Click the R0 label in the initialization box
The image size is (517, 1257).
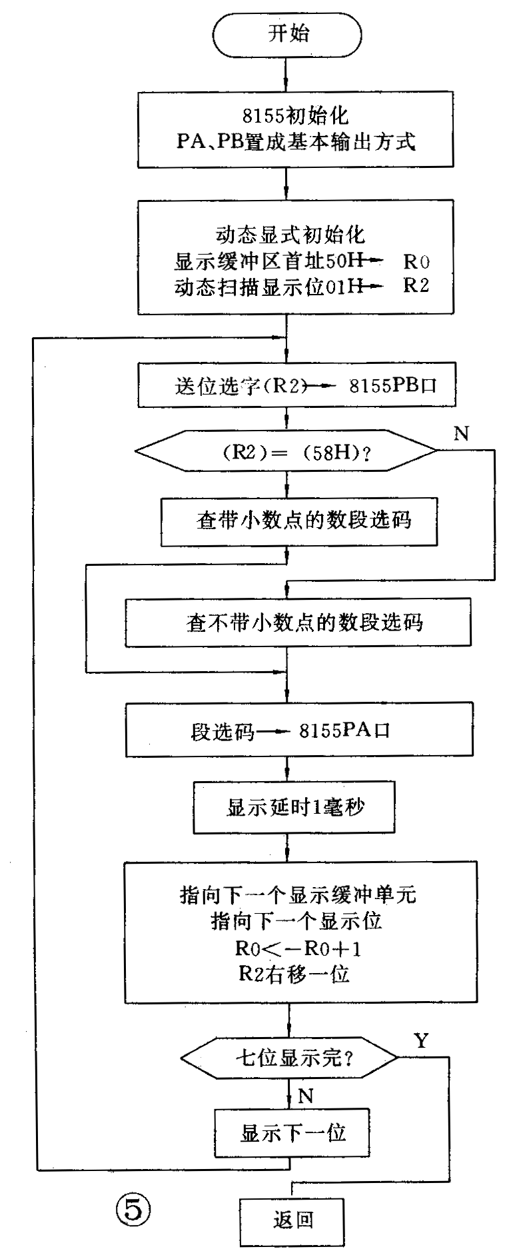[416, 261]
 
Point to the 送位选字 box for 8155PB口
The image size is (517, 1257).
[296, 385]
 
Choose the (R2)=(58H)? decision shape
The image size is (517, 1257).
[286, 452]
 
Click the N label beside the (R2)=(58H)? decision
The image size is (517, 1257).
[461, 434]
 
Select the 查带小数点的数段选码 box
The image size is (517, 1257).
[298, 520]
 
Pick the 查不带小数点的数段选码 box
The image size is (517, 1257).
[298, 623]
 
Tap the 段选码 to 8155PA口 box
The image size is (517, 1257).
[298, 731]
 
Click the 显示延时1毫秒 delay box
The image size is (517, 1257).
[293, 808]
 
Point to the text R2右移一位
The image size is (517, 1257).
[294, 974]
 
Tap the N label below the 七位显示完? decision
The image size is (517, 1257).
[306, 1096]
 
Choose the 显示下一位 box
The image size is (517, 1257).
[292, 1132]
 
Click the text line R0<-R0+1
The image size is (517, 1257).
[294, 948]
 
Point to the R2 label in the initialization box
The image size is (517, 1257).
[416, 285]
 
